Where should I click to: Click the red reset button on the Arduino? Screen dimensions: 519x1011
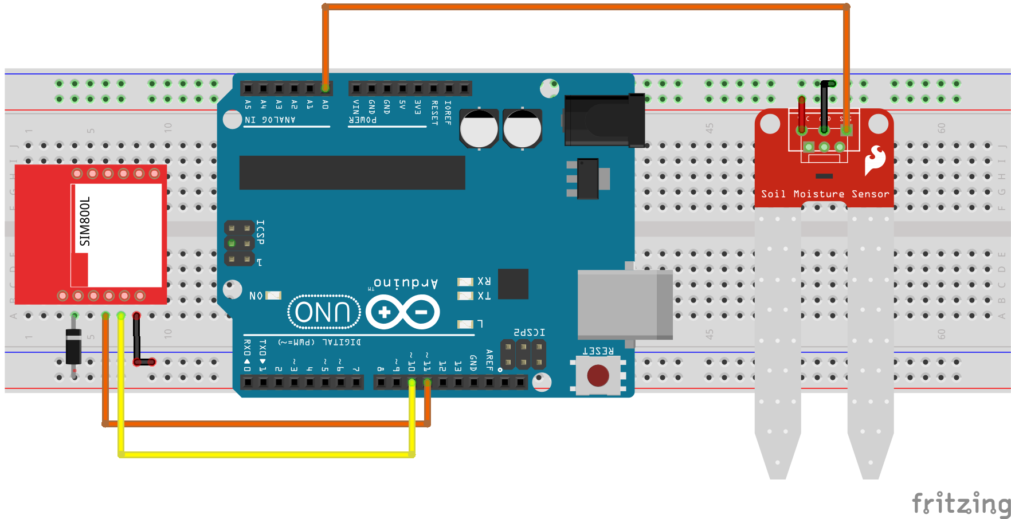coord(598,376)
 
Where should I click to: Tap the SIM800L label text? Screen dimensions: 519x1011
coord(85,221)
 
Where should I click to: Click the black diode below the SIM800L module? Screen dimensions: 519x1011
coord(73,347)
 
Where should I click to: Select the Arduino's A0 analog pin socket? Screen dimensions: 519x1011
coord(325,88)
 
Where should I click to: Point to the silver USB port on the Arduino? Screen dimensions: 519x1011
coord(625,305)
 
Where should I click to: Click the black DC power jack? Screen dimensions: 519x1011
coord(604,120)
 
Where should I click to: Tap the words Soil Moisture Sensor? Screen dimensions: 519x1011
coord(825,194)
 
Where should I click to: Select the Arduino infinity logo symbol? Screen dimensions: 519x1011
coord(403,312)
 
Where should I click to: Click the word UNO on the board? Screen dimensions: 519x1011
coord(323,313)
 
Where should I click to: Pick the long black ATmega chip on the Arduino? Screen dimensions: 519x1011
coord(352,172)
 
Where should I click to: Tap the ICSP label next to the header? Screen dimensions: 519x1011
coord(260,232)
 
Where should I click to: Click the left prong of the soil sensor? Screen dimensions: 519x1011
coord(777,344)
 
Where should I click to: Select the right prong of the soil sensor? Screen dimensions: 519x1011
coord(870,344)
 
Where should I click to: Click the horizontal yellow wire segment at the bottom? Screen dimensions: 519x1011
coord(267,454)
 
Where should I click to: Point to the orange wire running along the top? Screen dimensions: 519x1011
coord(585,7)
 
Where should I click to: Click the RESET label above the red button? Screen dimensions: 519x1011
coord(598,351)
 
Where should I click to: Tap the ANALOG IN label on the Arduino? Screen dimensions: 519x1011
coord(270,120)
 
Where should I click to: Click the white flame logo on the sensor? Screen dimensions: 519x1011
coord(875,160)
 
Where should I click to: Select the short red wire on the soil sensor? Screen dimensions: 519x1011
coord(801,112)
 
